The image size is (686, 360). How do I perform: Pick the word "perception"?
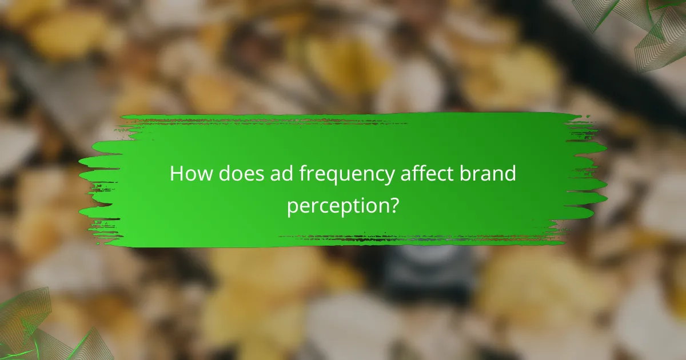337,206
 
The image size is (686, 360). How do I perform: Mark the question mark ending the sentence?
393,205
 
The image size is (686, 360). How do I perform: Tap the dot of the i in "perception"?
358,198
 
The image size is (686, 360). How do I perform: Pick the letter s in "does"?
262,175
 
